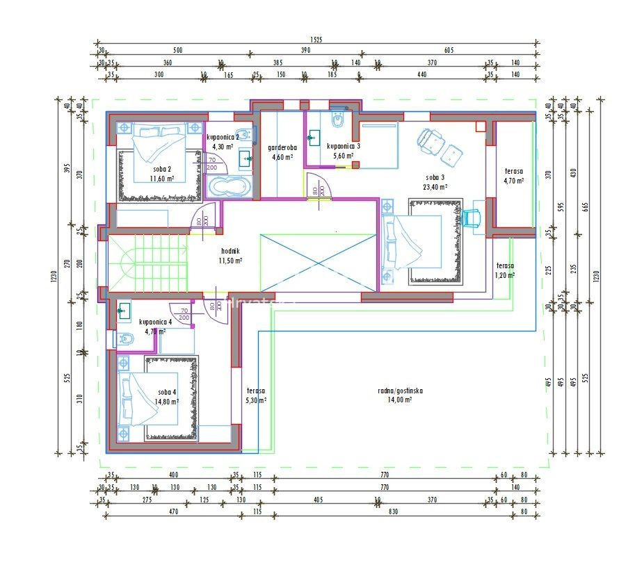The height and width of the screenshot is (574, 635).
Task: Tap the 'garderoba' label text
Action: (283, 147)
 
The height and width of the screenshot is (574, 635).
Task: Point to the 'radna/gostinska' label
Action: (400, 391)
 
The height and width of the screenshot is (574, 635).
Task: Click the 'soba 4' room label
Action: (167, 392)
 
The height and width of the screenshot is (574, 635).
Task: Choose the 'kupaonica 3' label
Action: (343, 147)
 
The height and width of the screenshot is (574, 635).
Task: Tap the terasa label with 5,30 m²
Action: (256, 391)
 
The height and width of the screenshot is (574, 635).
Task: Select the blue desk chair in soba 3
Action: (472, 217)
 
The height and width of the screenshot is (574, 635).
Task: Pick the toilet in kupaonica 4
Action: (126, 338)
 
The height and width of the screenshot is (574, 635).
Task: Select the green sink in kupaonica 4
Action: (124, 311)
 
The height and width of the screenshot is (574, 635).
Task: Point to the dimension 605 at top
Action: (449, 51)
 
